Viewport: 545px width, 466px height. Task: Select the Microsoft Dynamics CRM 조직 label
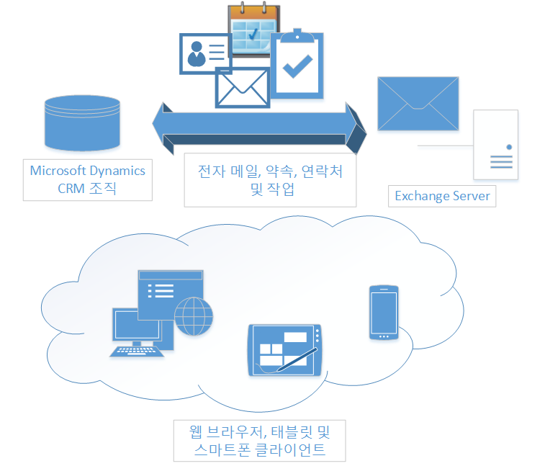[88, 180]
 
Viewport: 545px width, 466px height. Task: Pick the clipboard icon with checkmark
[297, 66]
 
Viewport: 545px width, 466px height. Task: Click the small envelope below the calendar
[242, 88]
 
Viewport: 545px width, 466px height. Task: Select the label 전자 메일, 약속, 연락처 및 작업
[270, 180]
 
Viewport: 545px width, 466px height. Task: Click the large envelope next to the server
[418, 103]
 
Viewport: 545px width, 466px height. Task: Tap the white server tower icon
[495, 145]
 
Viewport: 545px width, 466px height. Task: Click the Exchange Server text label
[442, 196]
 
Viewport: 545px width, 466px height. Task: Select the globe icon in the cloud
[194, 317]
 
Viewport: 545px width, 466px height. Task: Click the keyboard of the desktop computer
[137, 351]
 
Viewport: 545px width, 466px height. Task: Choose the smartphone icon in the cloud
[383, 312]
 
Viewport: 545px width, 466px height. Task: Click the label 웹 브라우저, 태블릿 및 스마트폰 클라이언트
[259, 442]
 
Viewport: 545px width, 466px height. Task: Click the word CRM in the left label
[72, 189]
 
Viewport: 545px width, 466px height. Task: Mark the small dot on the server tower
[509, 147]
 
